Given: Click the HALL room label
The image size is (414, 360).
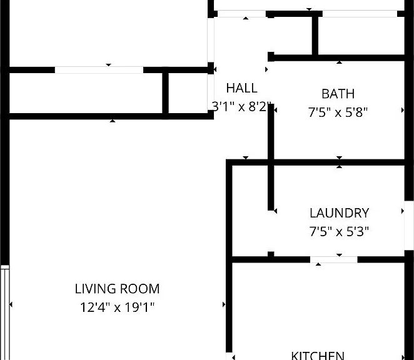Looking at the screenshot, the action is (241, 88).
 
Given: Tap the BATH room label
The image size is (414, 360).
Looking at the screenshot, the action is (338, 94).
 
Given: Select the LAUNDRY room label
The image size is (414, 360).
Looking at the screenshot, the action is (340, 213).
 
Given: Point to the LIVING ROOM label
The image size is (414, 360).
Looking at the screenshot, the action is (117, 289).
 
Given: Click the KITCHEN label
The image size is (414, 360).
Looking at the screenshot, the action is (318, 355).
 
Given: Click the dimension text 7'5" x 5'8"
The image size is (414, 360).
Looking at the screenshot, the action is (338, 112).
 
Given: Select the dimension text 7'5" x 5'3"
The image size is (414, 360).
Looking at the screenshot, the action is (339, 231).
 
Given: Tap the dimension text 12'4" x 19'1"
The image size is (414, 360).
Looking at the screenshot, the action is (117, 307).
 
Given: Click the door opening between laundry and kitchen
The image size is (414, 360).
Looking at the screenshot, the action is (334, 259).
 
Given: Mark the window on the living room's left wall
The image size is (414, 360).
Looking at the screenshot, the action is (5, 312).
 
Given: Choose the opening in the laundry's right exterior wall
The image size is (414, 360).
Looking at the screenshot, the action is (409, 226).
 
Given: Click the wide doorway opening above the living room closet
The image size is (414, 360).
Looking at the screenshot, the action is (99, 70).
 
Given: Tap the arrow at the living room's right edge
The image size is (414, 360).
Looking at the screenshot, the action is (224, 304).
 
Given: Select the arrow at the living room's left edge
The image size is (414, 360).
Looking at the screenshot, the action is (11, 304).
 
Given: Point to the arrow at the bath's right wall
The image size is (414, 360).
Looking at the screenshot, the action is (403, 110).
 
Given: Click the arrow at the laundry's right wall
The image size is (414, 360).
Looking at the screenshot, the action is (403, 211).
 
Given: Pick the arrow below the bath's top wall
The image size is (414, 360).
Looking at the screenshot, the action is (340, 62).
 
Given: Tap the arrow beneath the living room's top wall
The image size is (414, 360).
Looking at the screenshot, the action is (113, 121).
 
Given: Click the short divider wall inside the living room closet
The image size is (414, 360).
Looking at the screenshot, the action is (165, 93).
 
